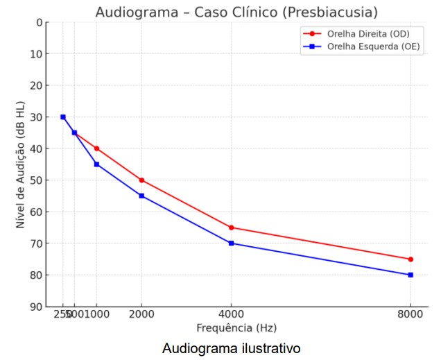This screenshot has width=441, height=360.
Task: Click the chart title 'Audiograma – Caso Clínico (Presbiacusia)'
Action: click(236, 12)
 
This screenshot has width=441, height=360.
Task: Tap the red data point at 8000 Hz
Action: click(410, 259)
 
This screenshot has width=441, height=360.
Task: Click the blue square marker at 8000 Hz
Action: click(410, 275)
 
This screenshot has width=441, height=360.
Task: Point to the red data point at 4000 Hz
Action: click(231, 228)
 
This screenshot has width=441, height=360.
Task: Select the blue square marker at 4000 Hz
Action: click(231, 243)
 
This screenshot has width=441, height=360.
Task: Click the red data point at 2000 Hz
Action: click(141, 180)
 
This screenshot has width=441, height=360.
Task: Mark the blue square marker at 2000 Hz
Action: click(141, 196)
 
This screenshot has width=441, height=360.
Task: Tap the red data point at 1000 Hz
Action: click(96, 148)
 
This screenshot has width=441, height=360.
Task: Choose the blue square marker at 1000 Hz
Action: click(96, 164)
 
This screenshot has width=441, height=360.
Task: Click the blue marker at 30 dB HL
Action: click(63, 117)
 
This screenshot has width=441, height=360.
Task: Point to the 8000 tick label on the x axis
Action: click(410, 313)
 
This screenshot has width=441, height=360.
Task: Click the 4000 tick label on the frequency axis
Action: click(231, 313)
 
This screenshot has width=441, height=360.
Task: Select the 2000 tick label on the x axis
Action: click(141, 313)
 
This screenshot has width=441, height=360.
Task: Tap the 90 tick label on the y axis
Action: click(35, 307)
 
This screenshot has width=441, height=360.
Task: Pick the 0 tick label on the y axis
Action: click(39, 22)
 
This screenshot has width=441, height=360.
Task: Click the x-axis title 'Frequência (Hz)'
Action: click(236, 327)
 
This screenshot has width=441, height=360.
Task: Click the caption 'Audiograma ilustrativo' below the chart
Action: click(232, 348)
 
